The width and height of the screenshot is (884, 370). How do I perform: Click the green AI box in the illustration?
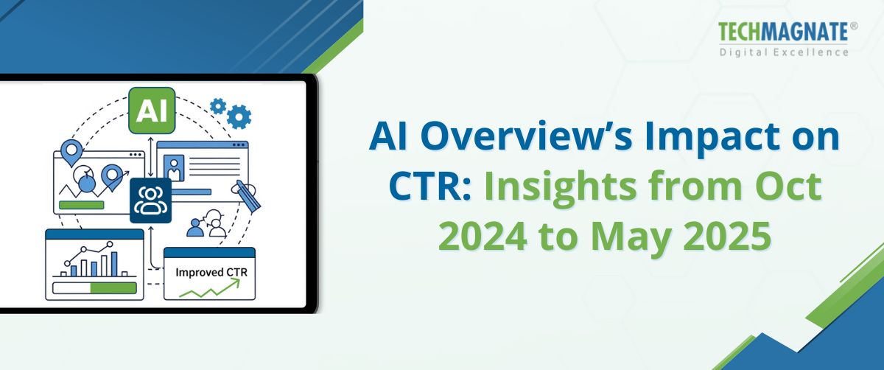pyautogui.click(x=152, y=111)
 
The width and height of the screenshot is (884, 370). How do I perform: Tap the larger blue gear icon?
pyautogui.click(x=239, y=116)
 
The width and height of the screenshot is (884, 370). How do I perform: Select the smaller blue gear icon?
pyautogui.click(x=218, y=105)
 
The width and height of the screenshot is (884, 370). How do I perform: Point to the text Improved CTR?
pyautogui.click(x=211, y=272)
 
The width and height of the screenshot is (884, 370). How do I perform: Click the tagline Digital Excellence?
pyautogui.click(x=784, y=52)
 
